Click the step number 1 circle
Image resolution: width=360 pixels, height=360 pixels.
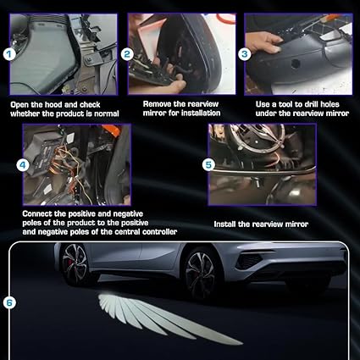point(9,54)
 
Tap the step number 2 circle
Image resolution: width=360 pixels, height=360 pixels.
point(127,54)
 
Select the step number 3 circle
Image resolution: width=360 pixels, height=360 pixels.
point(245,54)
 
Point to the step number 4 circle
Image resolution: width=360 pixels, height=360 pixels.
point(23,165)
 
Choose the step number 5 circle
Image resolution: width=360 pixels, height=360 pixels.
point(208,165)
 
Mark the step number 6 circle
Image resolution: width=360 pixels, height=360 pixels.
point(9,303)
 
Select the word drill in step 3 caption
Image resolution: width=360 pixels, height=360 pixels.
point(311,104)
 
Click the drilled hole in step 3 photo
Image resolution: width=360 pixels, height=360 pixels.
point(296,64)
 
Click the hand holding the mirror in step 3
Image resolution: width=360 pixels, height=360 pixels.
point(263,42)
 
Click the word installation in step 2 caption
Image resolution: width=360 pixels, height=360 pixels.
point(201,113)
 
